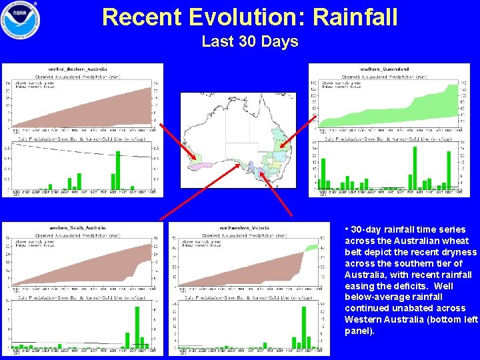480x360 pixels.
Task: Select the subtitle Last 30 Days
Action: point(249,41)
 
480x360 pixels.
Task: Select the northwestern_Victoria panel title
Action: point(244,228)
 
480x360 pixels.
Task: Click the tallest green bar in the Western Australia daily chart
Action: point(118,170)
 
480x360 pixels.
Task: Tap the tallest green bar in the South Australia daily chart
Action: point(137,327)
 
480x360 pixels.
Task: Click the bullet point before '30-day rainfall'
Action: point(347,229)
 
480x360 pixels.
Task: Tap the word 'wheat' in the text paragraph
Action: point(455,241)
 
